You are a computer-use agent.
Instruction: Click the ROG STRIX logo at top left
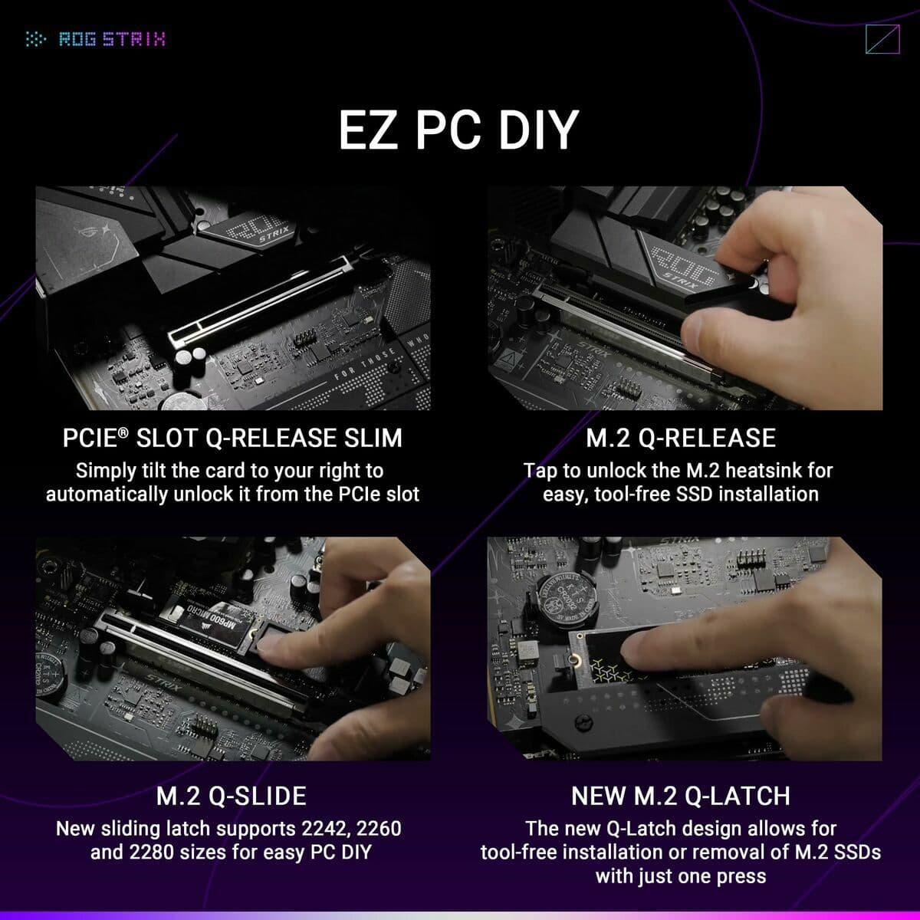pos(96,39)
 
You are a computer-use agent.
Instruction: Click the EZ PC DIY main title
pos(458,130)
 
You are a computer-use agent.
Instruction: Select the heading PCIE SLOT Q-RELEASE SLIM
pos(232,438)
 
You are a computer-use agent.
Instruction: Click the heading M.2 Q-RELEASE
pos(681,438)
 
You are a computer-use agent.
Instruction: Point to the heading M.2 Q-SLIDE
pos(232,796)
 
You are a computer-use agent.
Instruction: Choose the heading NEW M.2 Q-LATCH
pos(681,796)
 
